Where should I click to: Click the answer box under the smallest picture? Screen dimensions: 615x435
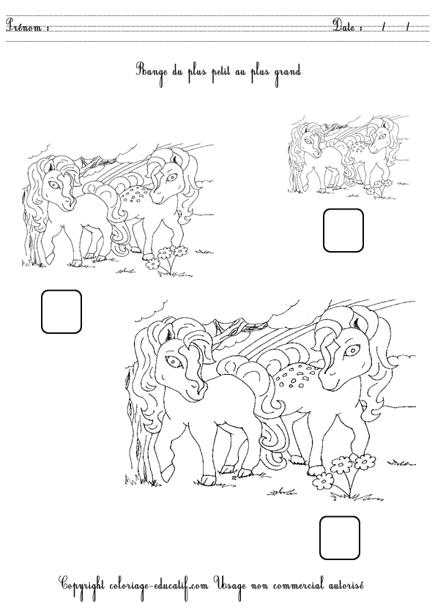click(343, 230)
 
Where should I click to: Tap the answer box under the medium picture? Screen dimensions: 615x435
click(61, 310)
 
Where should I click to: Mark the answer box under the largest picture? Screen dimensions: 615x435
click(340, 537)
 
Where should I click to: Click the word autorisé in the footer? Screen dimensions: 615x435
click(342, 586)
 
